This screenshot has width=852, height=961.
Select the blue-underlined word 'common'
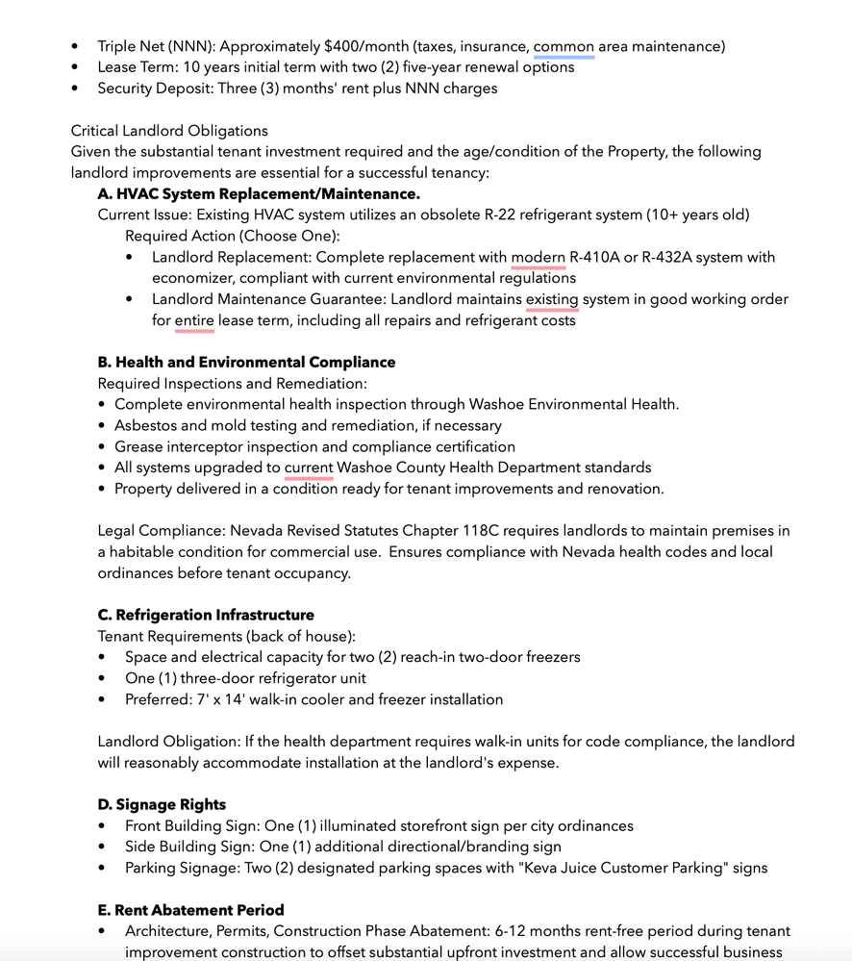[564, 46]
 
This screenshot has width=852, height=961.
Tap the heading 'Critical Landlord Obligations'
[169, 131]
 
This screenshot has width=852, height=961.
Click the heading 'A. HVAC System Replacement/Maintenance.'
[259, 193]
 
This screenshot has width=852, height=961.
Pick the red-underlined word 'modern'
[538, 257]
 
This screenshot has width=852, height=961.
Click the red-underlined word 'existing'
[552, 299]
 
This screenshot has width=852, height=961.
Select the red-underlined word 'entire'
[194, 320]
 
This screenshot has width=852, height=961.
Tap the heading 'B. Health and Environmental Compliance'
[246, 363]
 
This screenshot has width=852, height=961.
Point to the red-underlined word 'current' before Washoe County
[309, 468]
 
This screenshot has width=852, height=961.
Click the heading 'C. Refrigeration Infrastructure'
[206, 615]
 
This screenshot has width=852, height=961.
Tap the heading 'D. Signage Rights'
[162, 804]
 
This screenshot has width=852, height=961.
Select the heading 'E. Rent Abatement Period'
[190, 910]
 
